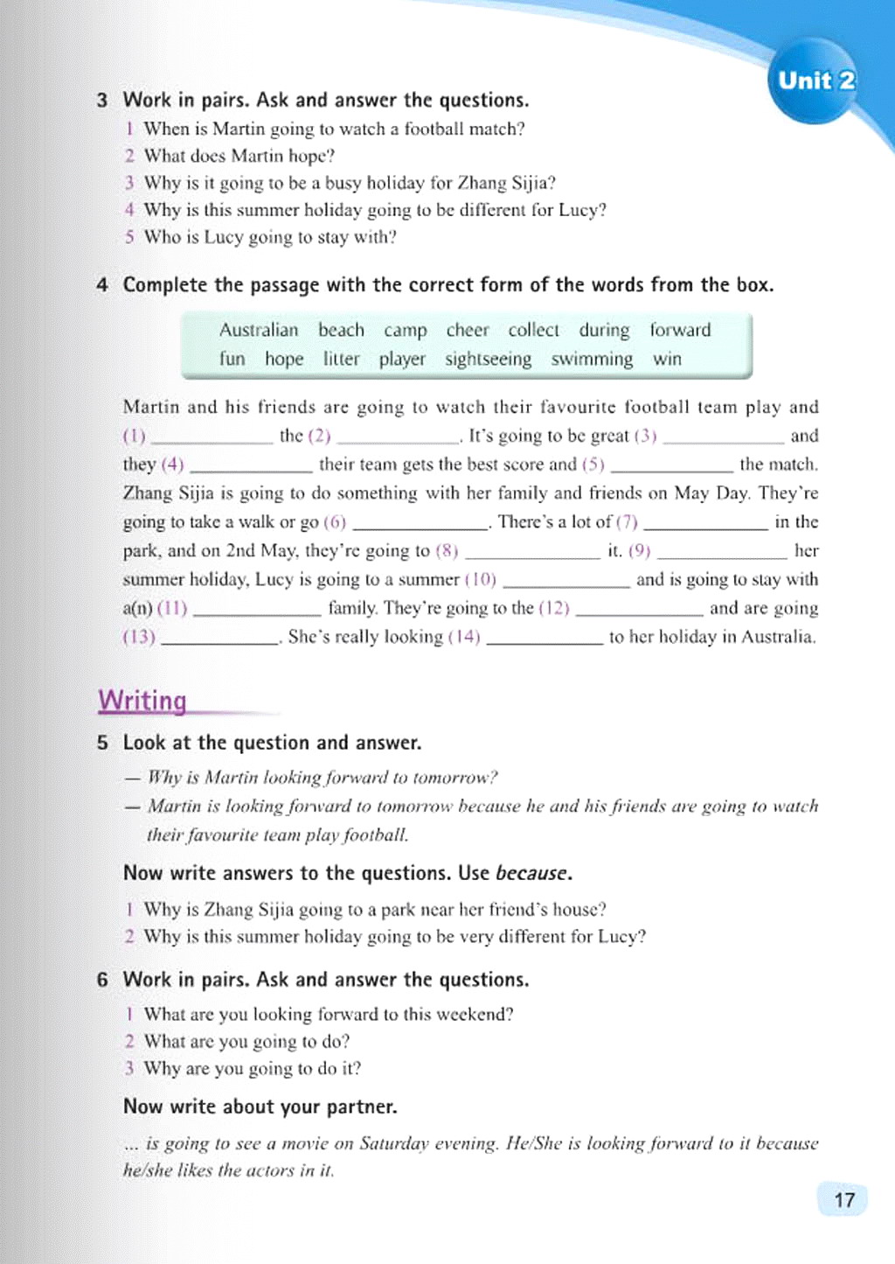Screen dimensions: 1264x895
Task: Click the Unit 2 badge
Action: (x=815, y=80)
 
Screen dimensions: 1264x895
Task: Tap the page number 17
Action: (x=843, y=1199)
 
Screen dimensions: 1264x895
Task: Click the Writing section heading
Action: (x=142, y=701)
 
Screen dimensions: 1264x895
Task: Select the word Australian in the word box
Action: (x=259, y=330)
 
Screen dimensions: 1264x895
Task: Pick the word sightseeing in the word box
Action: (x=488, y=359)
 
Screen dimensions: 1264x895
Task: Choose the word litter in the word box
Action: (x=341, y=359)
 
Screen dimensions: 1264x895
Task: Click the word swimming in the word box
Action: (x=592, y=359)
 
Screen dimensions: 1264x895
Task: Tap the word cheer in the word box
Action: (x=468, y=330)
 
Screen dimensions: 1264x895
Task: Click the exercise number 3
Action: (x=102, y=100)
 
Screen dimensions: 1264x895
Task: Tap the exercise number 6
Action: (x=102, y=980)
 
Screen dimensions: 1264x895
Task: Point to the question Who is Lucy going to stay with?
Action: (x=270, y=237)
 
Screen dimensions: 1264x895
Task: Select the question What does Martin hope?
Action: (x=239, y=156)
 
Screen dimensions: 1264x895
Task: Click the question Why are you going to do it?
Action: (x=253, y=1068)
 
